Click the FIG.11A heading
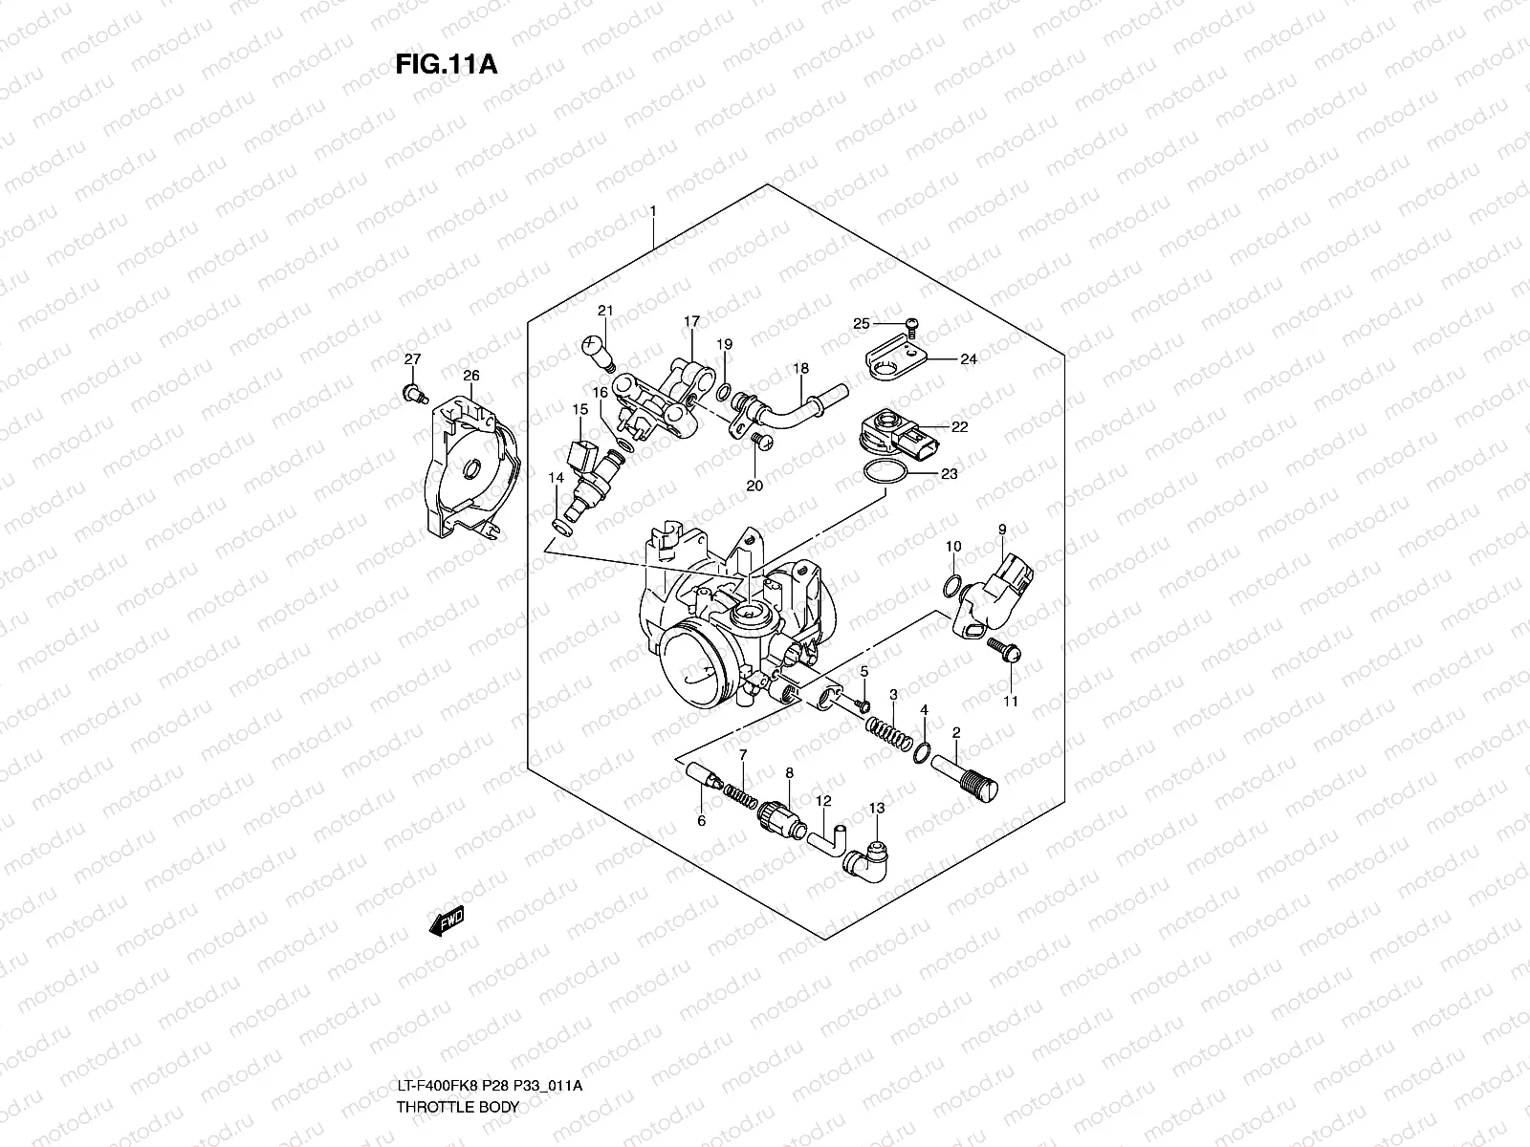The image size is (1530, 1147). coord(447,64)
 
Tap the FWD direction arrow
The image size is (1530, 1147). coord(447,921)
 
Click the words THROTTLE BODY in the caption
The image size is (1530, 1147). coord(458,1107)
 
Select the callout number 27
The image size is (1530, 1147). coord(413,359)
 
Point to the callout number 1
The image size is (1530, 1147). coord(653,210)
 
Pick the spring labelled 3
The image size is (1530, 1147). coord(888,734)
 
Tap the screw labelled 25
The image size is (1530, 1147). coord(911,326)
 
